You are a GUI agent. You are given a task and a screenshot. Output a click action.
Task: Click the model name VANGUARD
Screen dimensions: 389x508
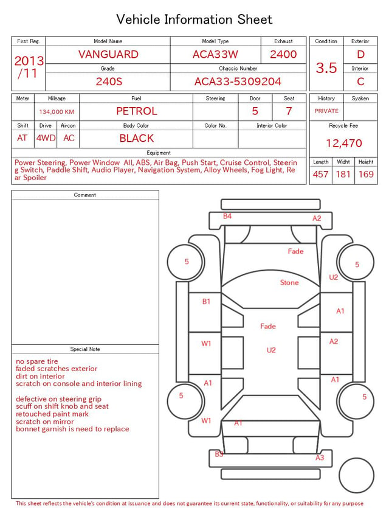[108, 54]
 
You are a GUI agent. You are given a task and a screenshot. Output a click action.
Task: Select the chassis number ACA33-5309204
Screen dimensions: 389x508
[238, 82]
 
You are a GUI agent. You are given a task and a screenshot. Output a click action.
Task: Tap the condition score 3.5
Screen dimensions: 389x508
[326, 68]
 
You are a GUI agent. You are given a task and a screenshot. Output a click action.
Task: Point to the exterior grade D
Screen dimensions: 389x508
[360, 54]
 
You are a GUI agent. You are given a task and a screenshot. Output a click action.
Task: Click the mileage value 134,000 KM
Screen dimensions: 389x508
[57, 112]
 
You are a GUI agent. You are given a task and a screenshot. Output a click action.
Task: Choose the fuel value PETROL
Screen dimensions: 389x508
[137, 111]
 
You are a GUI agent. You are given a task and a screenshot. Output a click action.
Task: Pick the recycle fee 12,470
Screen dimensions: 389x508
[343, 143]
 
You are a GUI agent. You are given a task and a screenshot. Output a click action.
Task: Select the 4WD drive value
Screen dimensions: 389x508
[46, 138]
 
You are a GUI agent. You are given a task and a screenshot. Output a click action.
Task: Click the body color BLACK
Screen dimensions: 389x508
[137, 138]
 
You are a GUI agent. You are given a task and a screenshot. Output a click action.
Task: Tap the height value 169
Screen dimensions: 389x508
[366, 174]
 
